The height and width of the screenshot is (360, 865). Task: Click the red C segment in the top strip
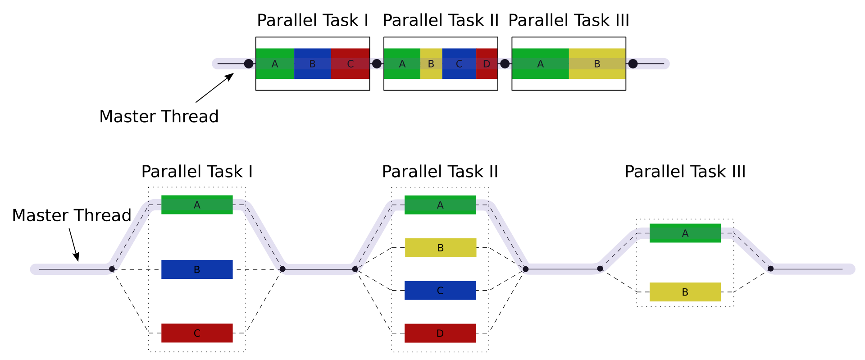(350, 64)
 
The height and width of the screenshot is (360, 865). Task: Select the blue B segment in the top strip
(312, 64)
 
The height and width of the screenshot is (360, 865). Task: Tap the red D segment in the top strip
(487, 64)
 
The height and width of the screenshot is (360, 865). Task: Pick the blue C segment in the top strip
(459, 64)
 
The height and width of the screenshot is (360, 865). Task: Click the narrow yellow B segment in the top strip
(431, 64)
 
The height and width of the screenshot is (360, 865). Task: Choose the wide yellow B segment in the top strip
(597, 64)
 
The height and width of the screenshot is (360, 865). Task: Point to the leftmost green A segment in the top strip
(275, 64)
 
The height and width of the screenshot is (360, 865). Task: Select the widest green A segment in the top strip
(541, 64)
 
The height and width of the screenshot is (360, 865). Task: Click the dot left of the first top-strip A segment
(249, 64)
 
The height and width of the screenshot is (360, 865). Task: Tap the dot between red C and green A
(377, 64)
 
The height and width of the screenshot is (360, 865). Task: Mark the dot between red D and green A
(505, 64)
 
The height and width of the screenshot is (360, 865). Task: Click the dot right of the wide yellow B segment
(633, 64)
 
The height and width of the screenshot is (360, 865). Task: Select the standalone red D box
(440, 333)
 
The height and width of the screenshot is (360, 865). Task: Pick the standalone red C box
(197, 333)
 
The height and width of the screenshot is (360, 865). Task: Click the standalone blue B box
(197, 269)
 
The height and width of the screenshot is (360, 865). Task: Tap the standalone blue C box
(440, 290)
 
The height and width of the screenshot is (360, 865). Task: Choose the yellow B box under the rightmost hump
(685, 292)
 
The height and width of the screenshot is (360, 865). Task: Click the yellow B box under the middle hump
(441, 247)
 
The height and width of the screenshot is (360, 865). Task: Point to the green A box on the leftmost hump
(197, 205)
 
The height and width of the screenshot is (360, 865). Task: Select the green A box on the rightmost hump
(685, 233)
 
